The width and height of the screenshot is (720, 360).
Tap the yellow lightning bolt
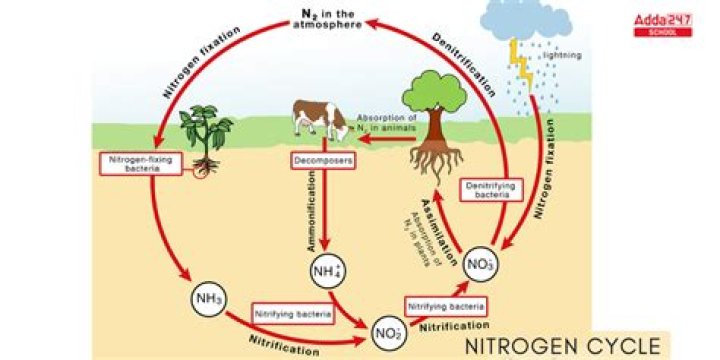tap(520, 60)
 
